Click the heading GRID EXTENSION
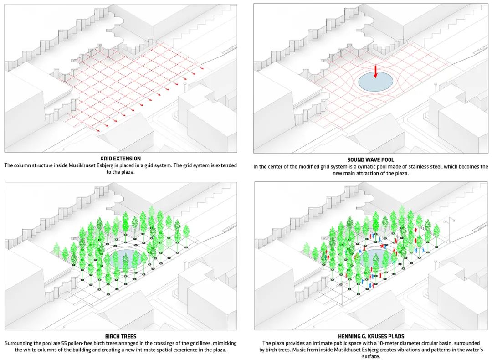tap(120, 159)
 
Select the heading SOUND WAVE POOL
tap(370, 160)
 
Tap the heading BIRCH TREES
tap(120, 336)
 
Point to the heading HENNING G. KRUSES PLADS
tap(371, 336)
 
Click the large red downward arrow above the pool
tap(375, 71)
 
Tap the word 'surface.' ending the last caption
tap(371, 356)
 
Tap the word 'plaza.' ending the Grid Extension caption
tap(128, 172)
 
